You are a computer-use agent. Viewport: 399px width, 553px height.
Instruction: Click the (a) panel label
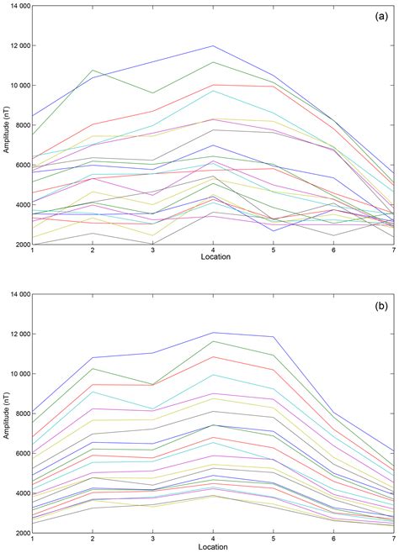pyautogui.click(x=375, y=17)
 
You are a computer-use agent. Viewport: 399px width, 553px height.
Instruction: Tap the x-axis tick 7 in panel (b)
pyautogui.click(x=393, y=540)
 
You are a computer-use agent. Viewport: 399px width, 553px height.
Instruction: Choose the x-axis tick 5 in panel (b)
pyautogui.click(x=273, y=540)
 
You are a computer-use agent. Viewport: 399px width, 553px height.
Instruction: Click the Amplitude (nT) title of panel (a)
pyautogui.click(x=5, y=125)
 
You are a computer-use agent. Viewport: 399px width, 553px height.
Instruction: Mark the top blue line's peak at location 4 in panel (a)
pyautogui.click(x=213, y=45)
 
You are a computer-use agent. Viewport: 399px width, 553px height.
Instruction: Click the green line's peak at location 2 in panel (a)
pyautogui.click(x=93, y=71)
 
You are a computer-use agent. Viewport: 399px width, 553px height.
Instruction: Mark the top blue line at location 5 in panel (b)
pyautogui.click(x=273, y=337)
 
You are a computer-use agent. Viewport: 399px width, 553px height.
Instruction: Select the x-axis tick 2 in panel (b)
pyautogui.click(x=93, y=540)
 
